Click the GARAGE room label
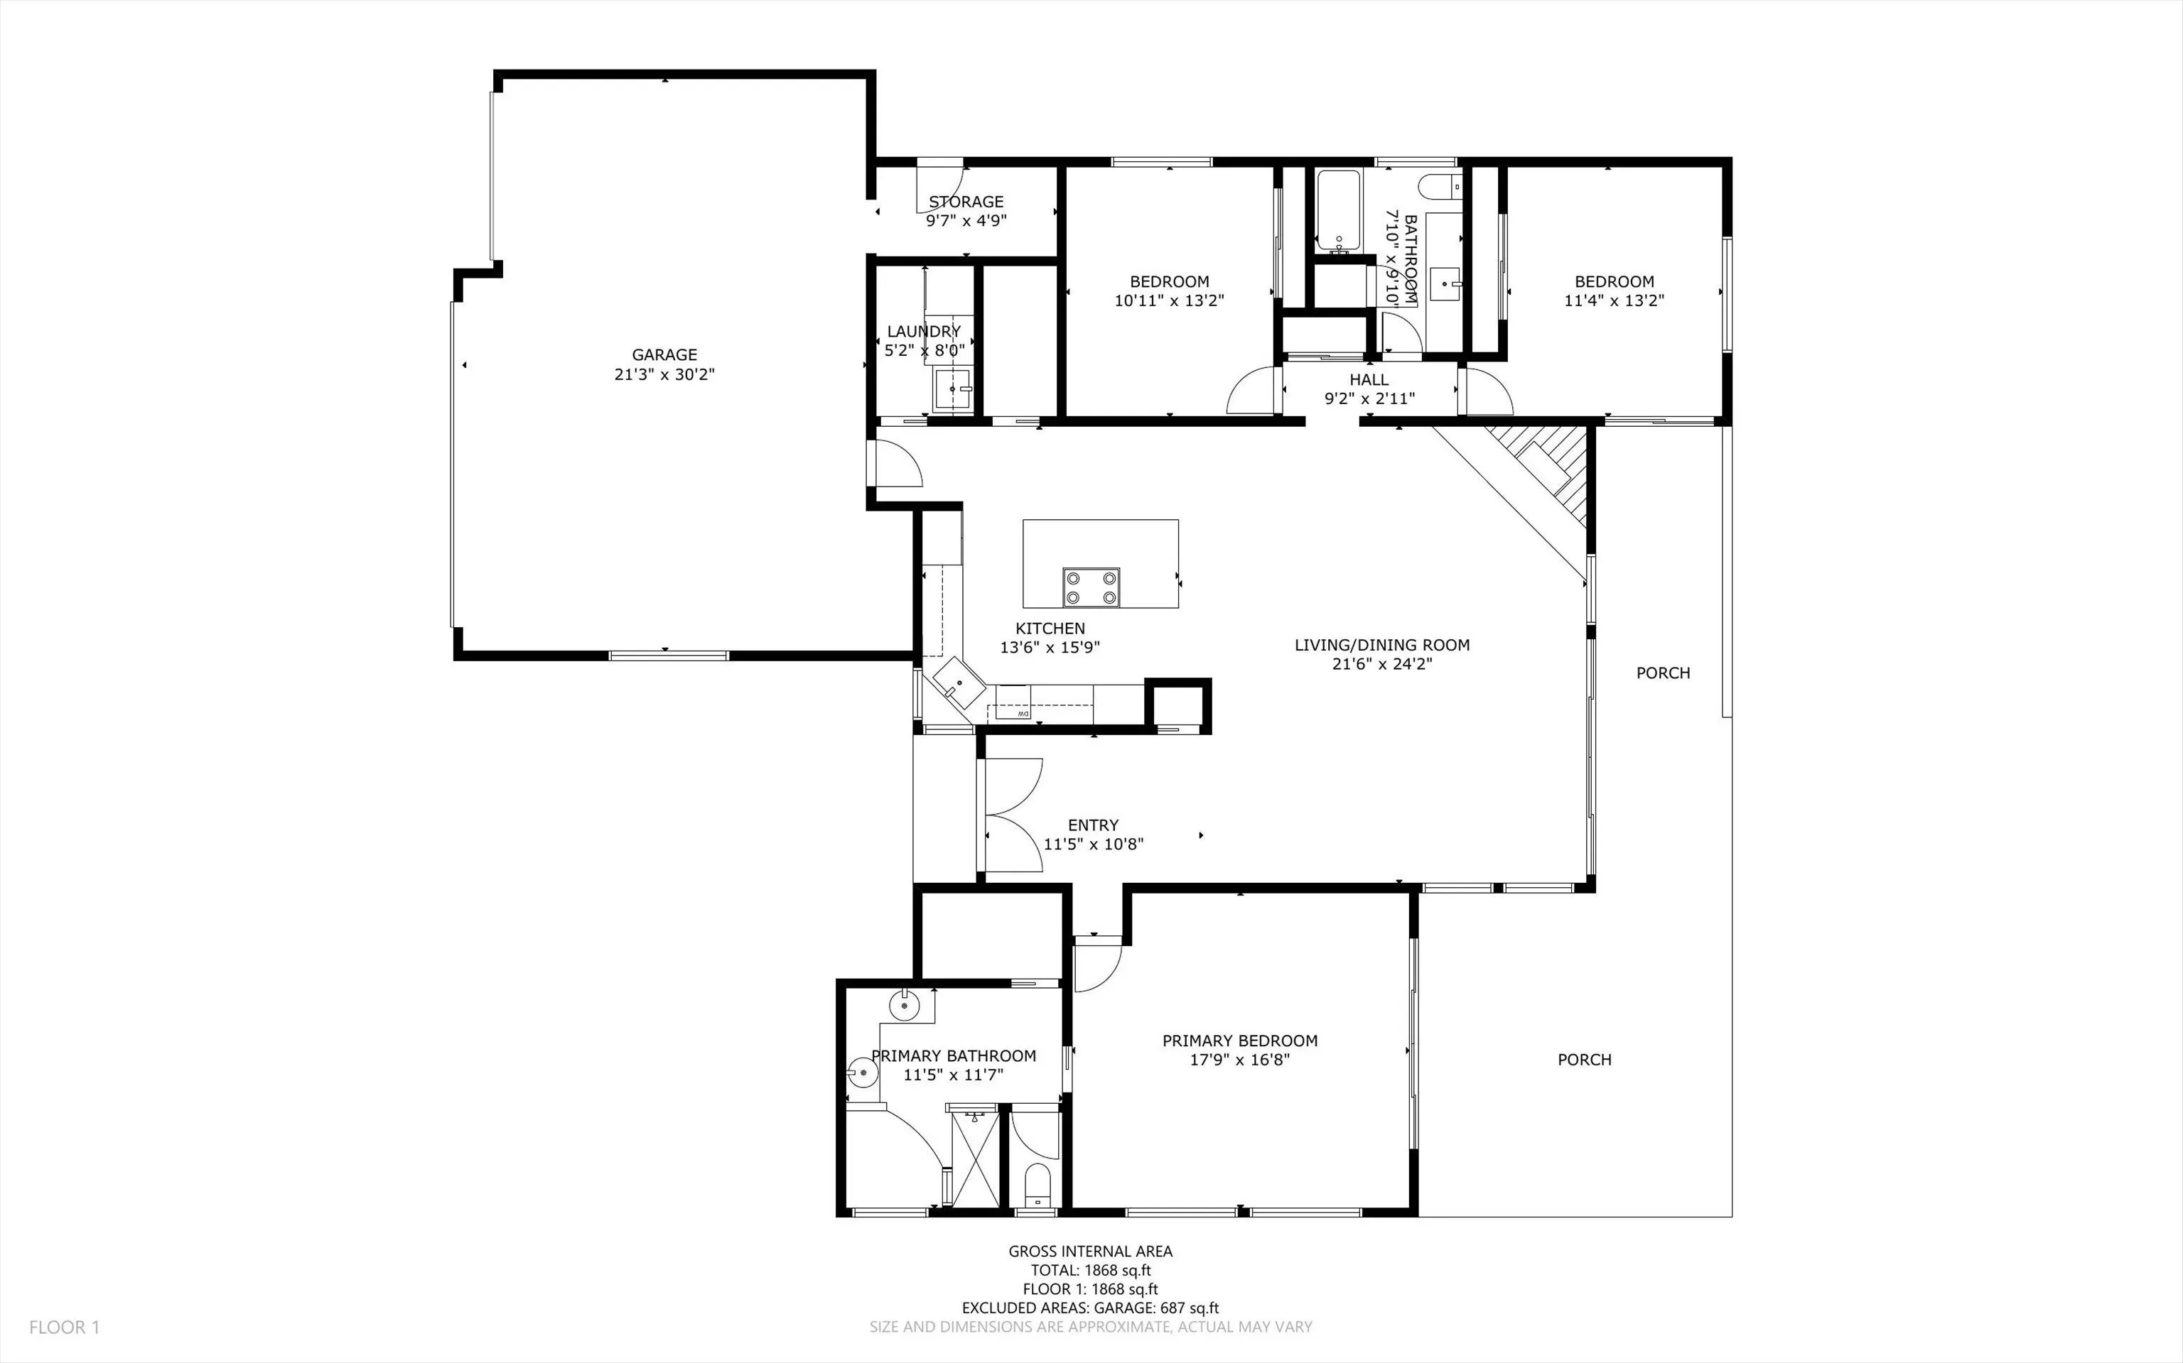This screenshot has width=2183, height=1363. pyautogui.click(x=664, y=355)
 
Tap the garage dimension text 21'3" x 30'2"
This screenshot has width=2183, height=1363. pyautogui.click(x=664, y=374)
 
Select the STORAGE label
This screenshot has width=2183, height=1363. pyautogui.click(x=966, y=202)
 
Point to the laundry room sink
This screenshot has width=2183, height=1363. pyautogui.click(x=952, y=389)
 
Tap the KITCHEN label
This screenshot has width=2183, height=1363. pyautogui.click(x=1050, y=629)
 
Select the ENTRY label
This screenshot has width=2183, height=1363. pyautogui.click(x=1093, y=825)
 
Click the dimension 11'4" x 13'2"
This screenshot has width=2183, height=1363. pyautogui.click(x=1614, y=300)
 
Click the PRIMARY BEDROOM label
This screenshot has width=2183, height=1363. pyautogui.click(x=1240, y=1041)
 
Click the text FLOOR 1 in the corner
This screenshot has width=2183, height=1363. pyautogui.click(x=65, y=1327)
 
